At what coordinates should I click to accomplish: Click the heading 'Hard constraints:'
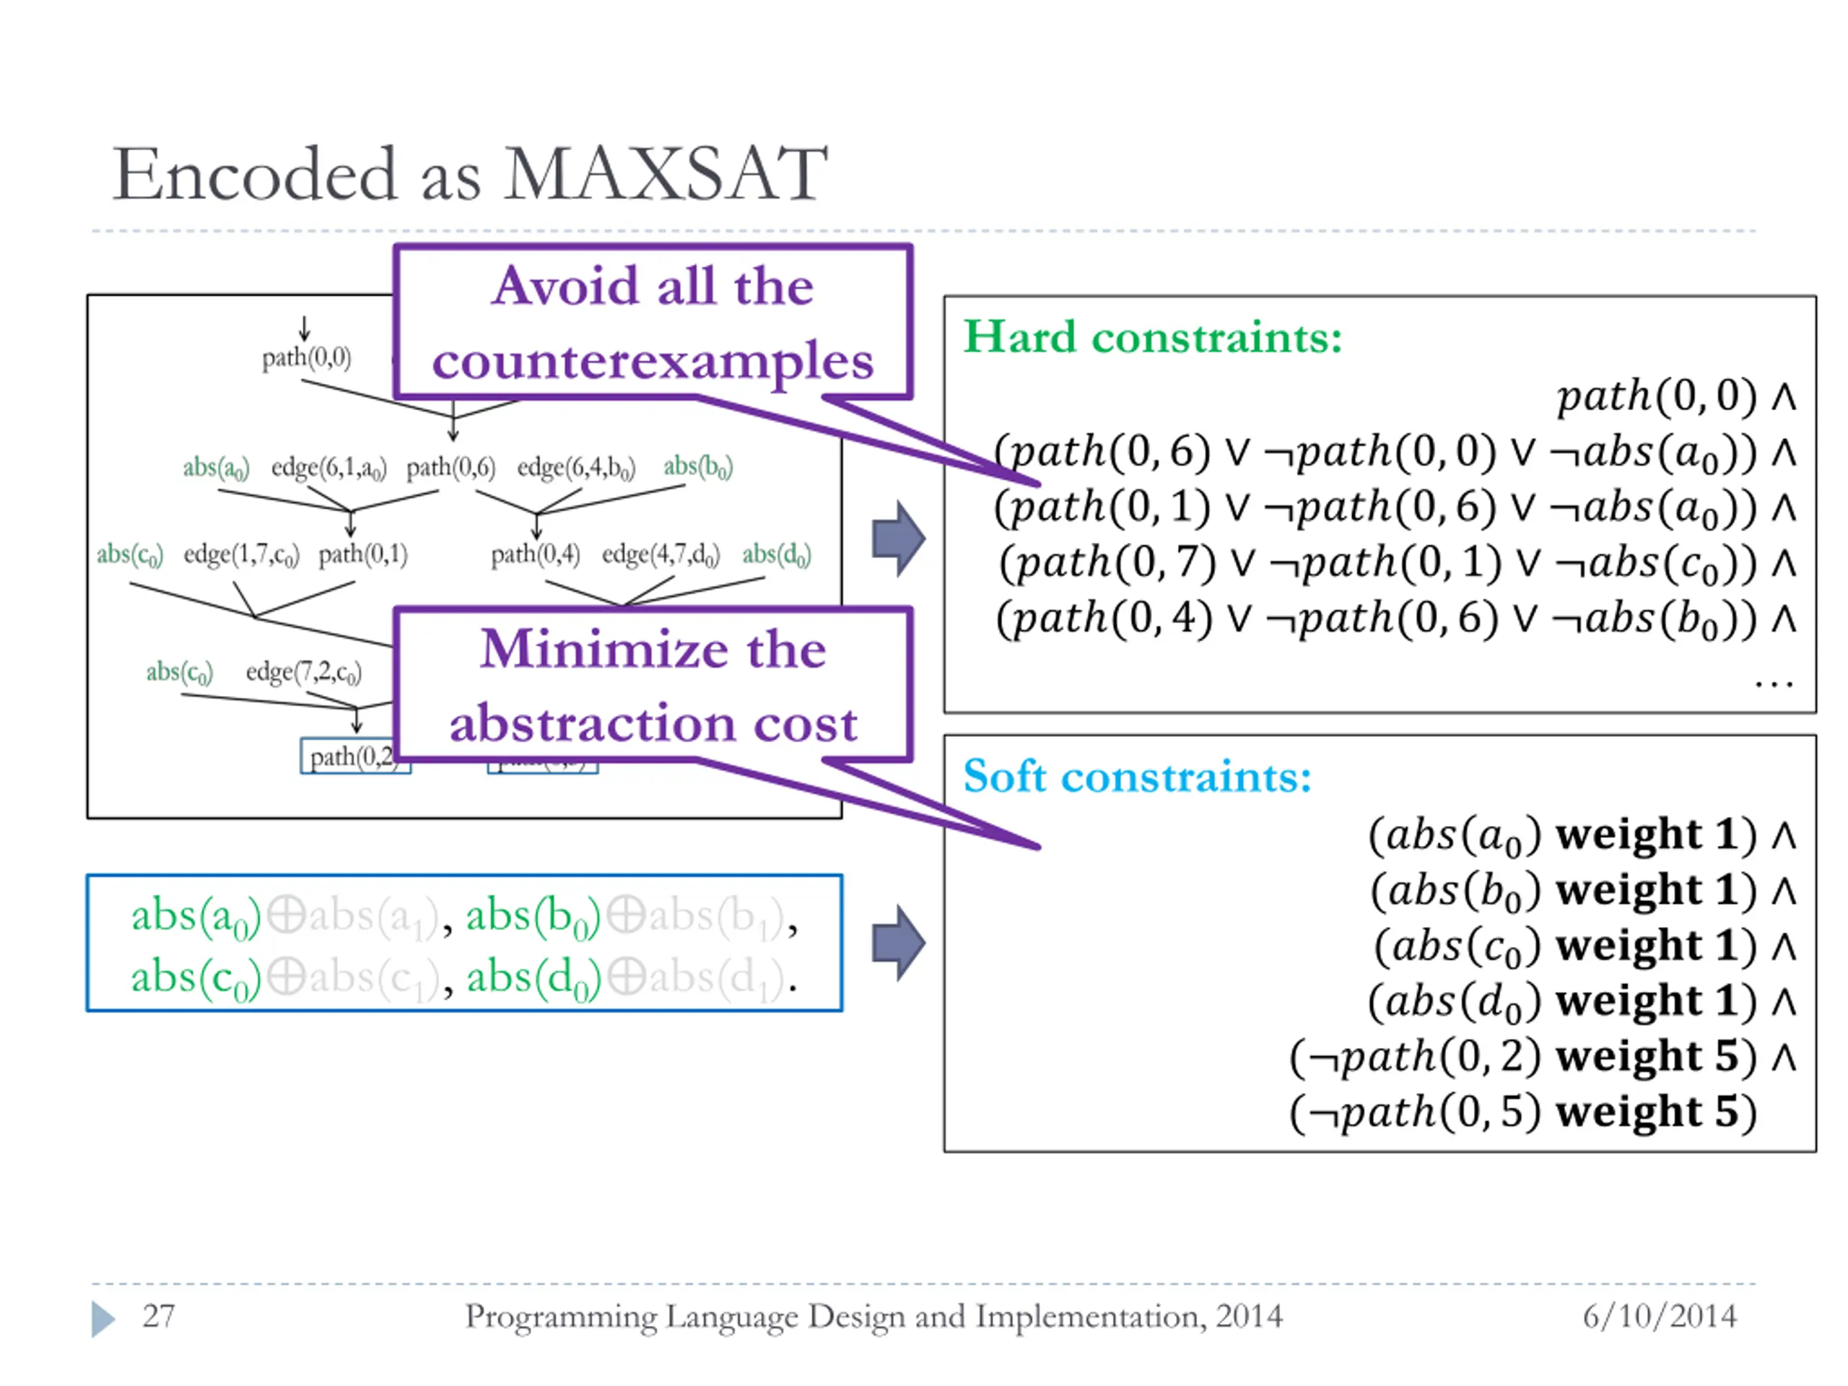coord(1152,338)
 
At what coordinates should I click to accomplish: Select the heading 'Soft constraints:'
coord(1137,777)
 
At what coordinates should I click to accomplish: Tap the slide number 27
coord(158,1316)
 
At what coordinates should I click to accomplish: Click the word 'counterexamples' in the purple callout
coord(653,361)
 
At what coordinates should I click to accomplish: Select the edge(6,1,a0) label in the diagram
coord(328,468)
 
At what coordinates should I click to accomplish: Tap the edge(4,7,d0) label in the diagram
coord(660,554)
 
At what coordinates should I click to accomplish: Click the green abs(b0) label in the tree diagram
coord(697,467)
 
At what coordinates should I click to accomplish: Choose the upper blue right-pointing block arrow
coord(897,539)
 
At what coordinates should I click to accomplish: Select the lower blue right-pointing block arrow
coord(897,942)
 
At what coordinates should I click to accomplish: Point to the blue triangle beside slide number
coord(103,1318)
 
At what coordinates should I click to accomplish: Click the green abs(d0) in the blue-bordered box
coord(533,977)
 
